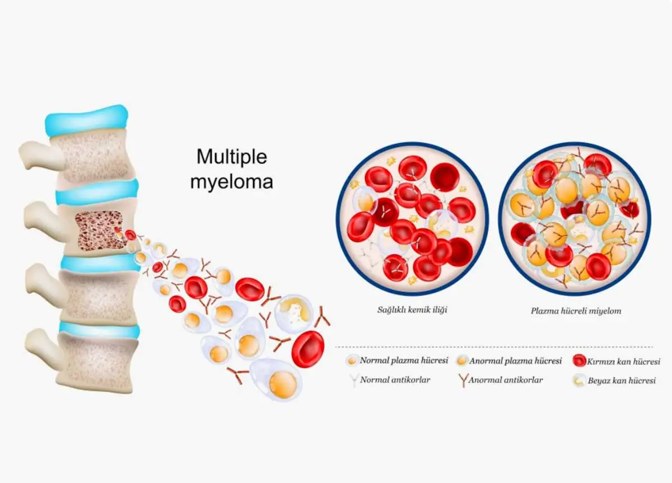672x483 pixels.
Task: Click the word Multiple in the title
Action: [232, 157]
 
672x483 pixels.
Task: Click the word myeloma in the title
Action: [232, 182]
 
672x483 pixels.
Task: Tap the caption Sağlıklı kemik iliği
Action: [412, 310]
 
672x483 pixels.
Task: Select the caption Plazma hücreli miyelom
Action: [576, 311]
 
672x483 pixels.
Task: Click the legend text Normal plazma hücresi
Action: [404, 360]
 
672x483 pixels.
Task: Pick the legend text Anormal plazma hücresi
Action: [515, 360]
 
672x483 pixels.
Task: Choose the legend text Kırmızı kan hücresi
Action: [623, 362]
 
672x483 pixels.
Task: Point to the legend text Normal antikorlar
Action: [395, 380]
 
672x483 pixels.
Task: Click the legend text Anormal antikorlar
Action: [506, 380]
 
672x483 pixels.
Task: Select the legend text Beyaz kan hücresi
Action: [622, 381]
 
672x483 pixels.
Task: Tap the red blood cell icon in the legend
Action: [579, 360]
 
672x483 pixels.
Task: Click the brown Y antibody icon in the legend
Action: [463, 380]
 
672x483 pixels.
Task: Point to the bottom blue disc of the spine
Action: [100, 330]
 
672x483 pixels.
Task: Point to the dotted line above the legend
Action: [494, 347]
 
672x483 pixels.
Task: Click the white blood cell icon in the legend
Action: [579, 381]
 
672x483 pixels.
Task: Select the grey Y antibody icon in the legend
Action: [354, 380]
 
